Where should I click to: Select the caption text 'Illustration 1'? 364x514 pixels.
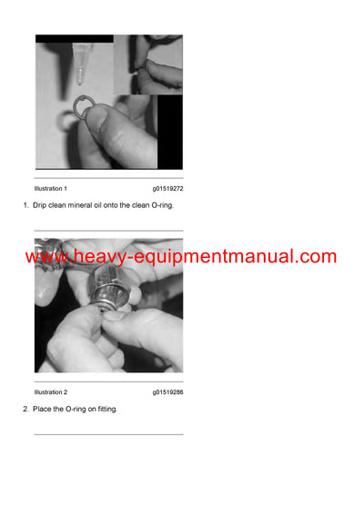point(51,188)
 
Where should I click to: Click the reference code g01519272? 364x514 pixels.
point(167,188)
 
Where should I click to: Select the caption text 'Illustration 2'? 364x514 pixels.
point(51,392)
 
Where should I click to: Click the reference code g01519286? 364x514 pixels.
point(167,392)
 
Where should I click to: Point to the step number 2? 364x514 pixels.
point(25,410)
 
